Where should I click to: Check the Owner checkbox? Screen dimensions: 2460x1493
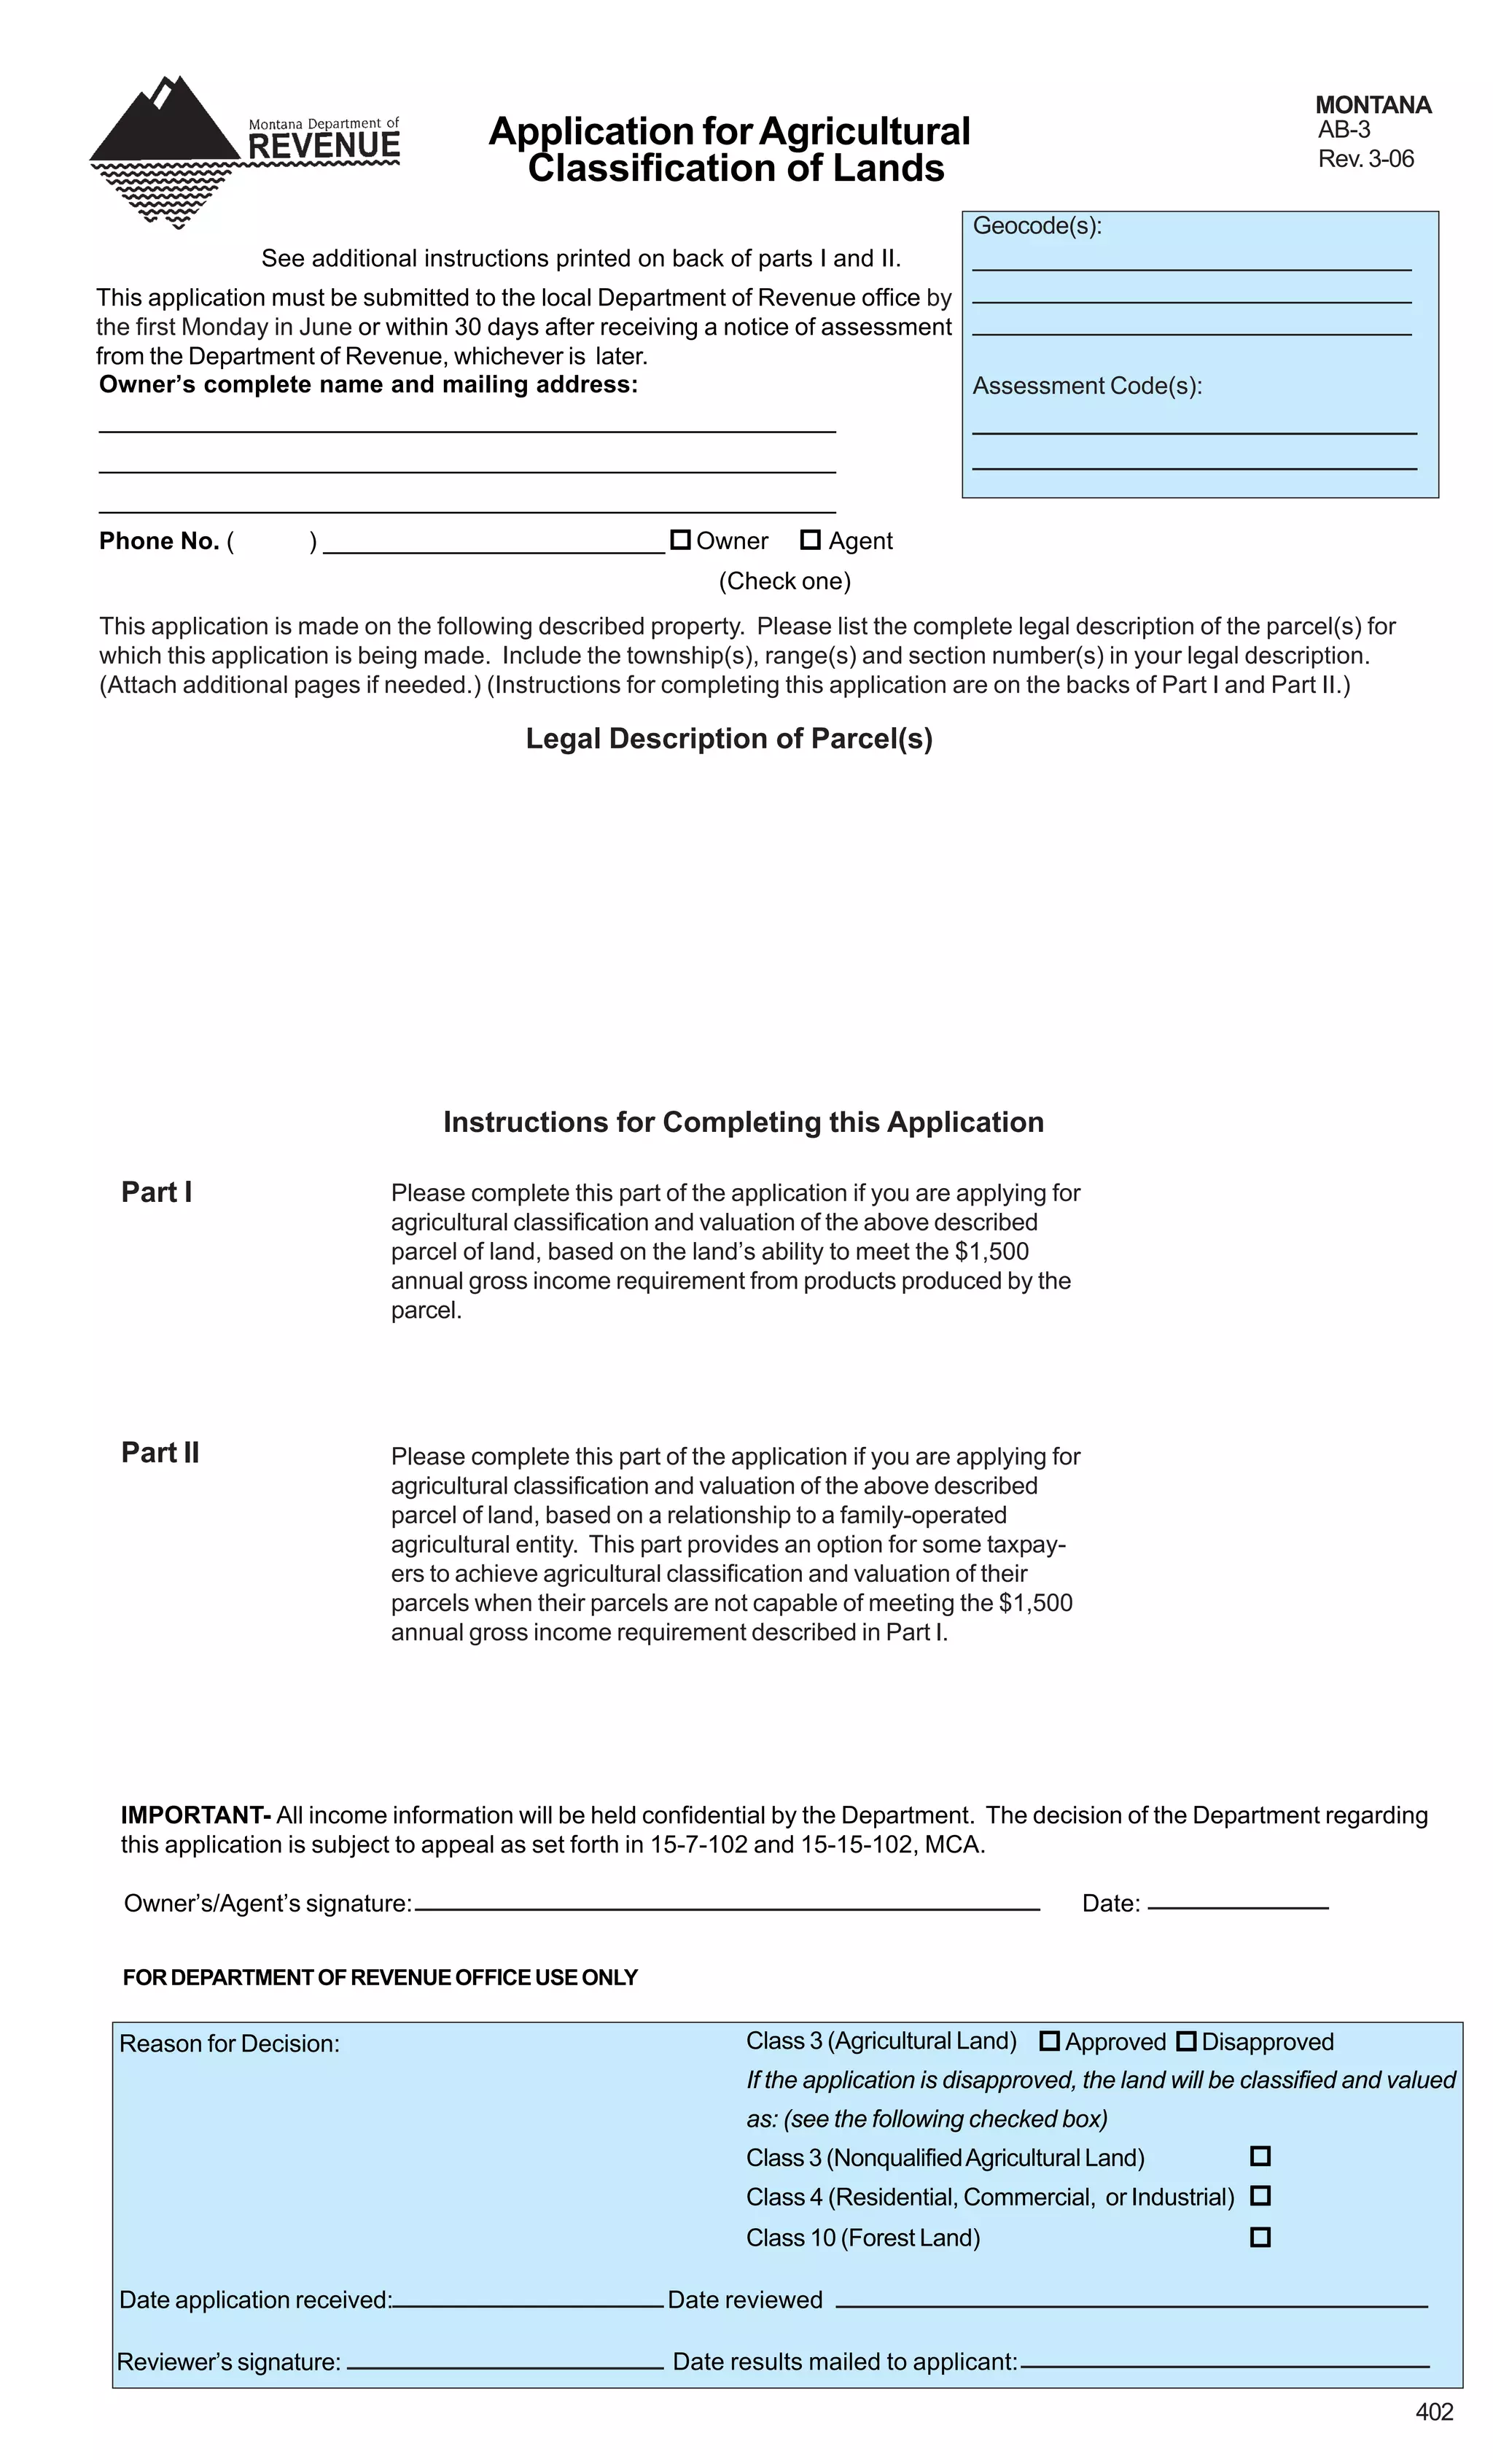point(679,540)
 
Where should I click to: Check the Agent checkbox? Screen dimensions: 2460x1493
point(811,540)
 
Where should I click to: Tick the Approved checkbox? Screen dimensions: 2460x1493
point(1049,2041)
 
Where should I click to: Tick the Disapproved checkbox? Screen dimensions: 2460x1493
point(1185,2041)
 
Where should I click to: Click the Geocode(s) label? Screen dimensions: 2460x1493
point(1037,227)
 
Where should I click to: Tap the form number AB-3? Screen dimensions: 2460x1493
point(1344,130)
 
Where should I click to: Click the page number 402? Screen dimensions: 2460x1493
point(1434,2412)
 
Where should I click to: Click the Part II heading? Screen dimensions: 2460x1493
point(160,1453)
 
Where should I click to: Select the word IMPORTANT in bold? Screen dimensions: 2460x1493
point(195,1815)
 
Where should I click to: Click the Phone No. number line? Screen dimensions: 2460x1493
point(494,548)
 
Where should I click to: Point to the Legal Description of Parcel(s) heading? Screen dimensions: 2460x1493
point(728,739)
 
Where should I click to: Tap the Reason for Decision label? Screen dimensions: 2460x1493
point(230,2044)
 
